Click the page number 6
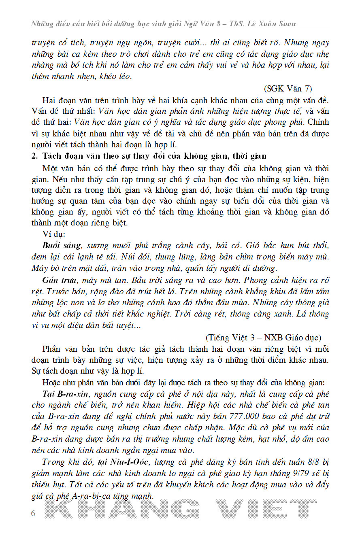pos(33,514)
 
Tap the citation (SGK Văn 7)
pos(288,89)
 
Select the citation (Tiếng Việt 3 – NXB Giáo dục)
pos(263,337)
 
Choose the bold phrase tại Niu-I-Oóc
pos(122,462)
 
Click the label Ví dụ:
pos(53,234)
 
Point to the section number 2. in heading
pos(34,156)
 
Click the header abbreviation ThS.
pos(238,24)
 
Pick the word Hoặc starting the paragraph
pos(51,382)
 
